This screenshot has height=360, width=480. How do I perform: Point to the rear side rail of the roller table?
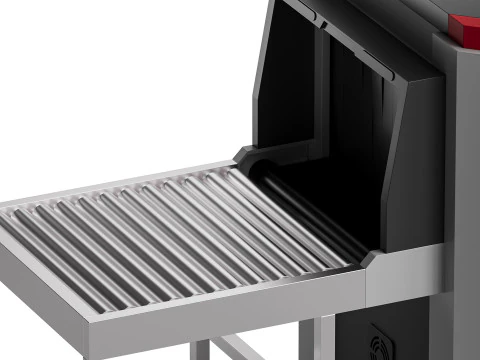(x=120, y=180)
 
